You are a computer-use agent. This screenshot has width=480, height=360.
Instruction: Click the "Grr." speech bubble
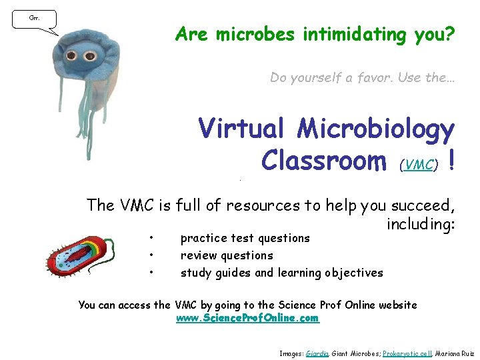pos(34,19)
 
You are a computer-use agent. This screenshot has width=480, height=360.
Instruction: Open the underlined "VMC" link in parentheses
pos(420,164)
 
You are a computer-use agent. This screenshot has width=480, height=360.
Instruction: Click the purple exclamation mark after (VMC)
pos(453,160)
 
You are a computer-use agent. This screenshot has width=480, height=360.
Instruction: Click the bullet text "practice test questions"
pos(245,238)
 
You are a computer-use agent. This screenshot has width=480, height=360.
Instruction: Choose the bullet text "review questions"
pos(227,255)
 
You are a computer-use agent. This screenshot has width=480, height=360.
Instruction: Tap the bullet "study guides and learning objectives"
pos(281,272)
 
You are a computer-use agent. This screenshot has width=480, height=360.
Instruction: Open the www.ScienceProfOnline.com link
pos(247,319)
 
